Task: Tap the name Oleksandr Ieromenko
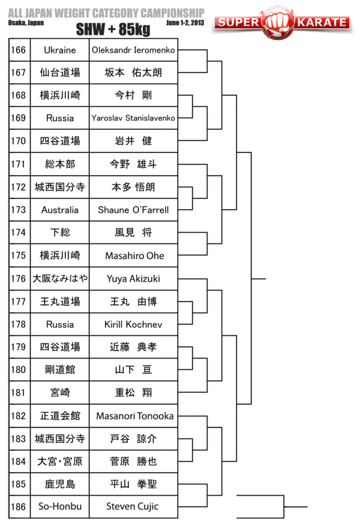coord(133,50)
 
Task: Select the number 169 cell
coord(19,118)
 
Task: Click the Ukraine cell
coord(60,50)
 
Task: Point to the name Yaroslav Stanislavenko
coord(133,118)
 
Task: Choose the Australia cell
coord(60,210)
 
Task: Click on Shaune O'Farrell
coord(133,210)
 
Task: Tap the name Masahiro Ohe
coord(134,256)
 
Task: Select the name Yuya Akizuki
coord(133,278)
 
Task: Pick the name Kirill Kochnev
coord(133,324)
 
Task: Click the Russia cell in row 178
coord(60,324)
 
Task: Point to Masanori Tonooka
coord(134,416)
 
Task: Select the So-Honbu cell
coord(60,506)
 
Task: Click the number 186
coord(19,506)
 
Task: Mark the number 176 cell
coord(19,278)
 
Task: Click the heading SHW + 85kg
coord(112,29)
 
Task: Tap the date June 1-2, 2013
coord(185,23)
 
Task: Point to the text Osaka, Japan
coord(26,23)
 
